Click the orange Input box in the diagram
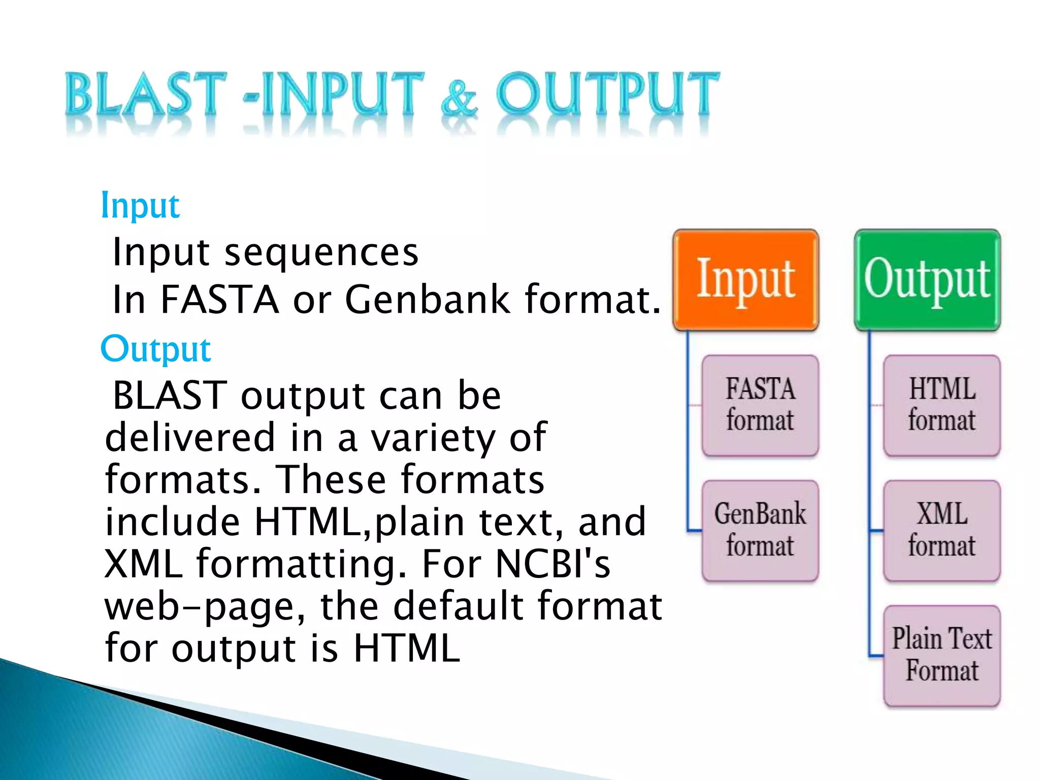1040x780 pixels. [x=745, y=280]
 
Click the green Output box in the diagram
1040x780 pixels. [x=927, y=280]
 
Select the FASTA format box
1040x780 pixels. [x=760, y=405]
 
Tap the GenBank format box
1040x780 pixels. [x=760, y=530]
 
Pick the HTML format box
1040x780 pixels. [x=941, y=405]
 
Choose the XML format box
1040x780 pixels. [x=941, y=530]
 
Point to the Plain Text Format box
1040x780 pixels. [x=941, y=655]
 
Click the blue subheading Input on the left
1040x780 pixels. [x=140, y=206]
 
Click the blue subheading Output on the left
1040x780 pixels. [x=156, y=349]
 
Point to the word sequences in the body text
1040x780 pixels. [x=321, y=252]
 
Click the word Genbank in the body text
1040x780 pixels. [x=427, y=299]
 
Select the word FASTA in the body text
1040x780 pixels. [x=219, y=299]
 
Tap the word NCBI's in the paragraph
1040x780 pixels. [x=552, y=564]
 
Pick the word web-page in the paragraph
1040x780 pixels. [x=205, y=607]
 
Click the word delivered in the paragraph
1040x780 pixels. [x=190, y=437]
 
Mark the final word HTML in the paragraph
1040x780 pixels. [x=406, y=648]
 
